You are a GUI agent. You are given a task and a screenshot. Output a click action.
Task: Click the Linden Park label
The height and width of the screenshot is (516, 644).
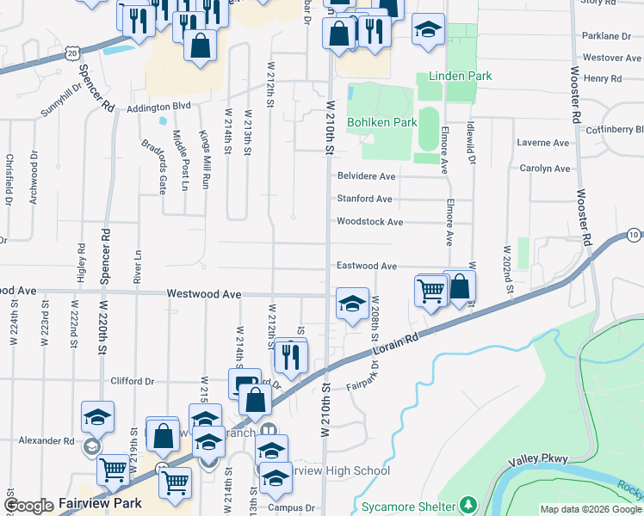point(454,76)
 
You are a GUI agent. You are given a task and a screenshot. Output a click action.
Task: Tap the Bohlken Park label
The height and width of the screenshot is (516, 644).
point(381,123)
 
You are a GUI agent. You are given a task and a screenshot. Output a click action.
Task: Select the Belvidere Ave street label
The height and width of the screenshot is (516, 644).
point(365,176)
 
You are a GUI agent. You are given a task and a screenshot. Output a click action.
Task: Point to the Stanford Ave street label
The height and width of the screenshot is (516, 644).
point(364,199)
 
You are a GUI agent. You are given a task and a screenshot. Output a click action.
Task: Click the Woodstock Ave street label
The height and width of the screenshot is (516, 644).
point(369,222)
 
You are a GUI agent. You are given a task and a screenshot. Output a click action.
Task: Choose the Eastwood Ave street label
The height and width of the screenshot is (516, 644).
point(366,267)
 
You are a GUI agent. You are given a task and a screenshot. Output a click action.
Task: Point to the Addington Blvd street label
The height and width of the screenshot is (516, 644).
point(158,107)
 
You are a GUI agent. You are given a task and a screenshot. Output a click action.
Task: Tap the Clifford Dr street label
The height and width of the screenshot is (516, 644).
point(132,381)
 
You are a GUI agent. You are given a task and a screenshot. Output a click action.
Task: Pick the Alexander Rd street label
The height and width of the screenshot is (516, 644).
point(46,441)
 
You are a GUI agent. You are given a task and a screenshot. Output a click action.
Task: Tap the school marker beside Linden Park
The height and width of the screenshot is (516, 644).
point(428,30)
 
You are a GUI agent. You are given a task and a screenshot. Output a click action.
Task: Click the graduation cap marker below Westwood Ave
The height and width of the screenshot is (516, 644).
point(352,304)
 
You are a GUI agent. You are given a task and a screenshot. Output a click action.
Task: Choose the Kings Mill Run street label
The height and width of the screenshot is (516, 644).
point(205,159)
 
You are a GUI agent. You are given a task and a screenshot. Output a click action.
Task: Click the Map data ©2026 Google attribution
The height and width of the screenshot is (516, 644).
point(591,508)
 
